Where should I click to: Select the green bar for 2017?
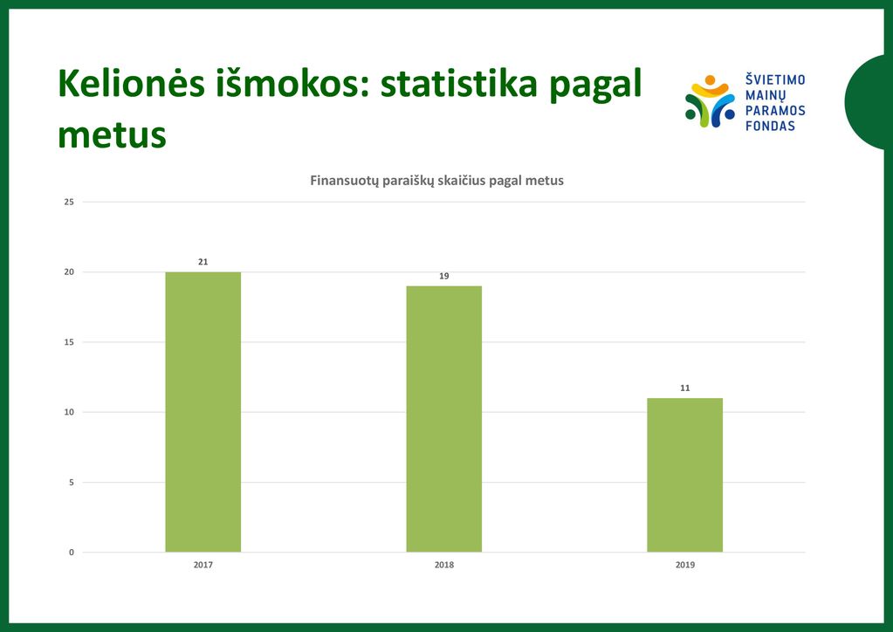tap(203, 412)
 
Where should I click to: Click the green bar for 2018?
tap(443, 418)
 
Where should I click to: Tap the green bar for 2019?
tap(684, 475)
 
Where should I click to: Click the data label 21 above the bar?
tap(203, 262)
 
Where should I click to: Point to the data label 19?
tap(443, 276)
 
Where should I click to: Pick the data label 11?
tap(684, 388)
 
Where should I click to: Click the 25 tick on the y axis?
tap(69, 203)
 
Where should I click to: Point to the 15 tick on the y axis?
tap(69, 342)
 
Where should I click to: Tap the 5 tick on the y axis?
tap(72, 482)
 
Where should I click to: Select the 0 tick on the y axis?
tap(72, 553)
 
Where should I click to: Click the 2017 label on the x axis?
tap(203, 565)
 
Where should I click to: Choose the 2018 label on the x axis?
tap(443, 565)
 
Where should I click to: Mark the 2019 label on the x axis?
tap(684, 565)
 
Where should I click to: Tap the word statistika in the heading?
tap(459, 83)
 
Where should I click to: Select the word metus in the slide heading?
tap(113, 135)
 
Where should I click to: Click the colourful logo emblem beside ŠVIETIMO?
tap(710, 101)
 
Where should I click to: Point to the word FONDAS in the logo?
tap(770, 126)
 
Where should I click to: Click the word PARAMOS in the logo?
tap(775, 111)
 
